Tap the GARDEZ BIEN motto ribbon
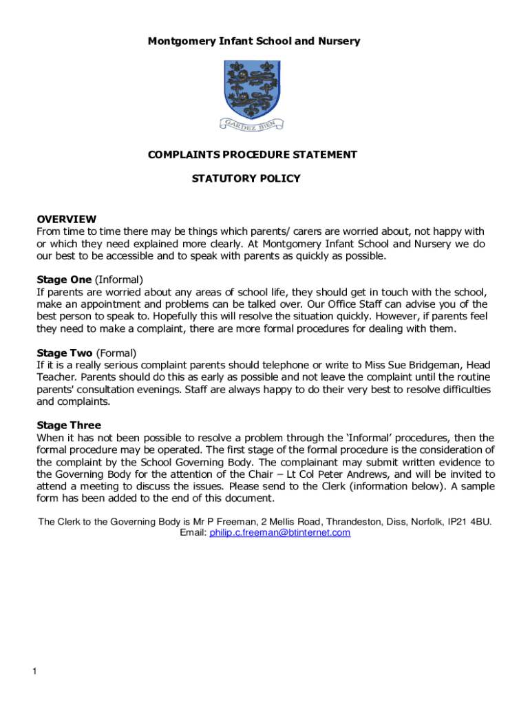253,124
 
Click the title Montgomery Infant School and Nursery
254,41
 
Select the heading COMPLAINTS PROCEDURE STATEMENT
253,155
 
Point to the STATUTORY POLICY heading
246,179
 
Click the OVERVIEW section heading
66,220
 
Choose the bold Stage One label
64,280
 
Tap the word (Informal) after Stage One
118,280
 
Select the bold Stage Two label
64,353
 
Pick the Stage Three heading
69,425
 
